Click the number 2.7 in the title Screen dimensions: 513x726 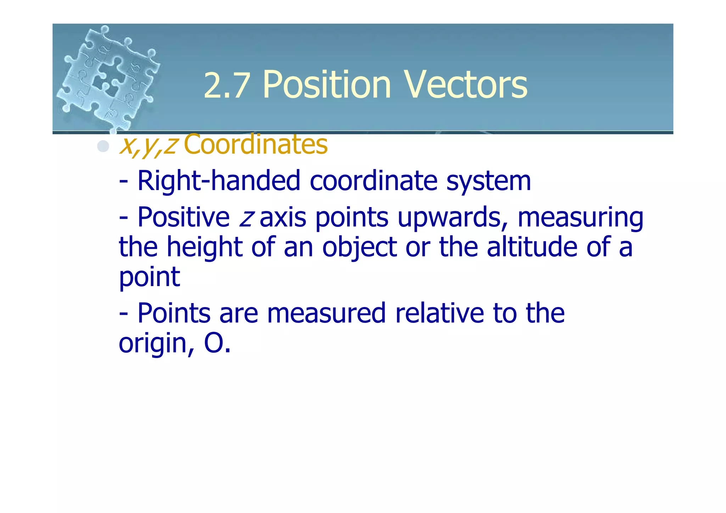click(x=226, y=85)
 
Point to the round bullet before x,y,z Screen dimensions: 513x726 click(x=103, y=146)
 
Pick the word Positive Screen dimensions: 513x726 click(x=183, y=217)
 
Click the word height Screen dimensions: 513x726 click(x=205, y=247)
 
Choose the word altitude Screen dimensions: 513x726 click(x=532, y=247)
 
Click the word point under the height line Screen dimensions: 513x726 click(x=149, y=277)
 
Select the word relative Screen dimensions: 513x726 click(x=439, y=313)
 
